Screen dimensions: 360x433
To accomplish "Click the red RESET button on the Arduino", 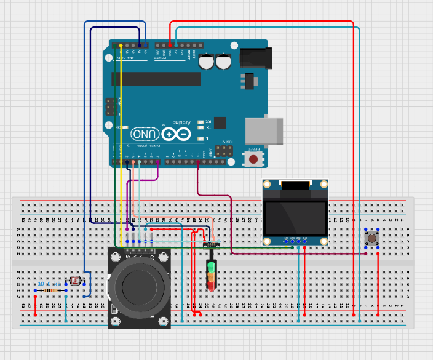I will pos(252,159).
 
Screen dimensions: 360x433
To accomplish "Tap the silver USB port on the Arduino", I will pos(265,130).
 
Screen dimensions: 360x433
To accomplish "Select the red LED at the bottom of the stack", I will pos(212,286).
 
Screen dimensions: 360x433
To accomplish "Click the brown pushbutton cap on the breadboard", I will pos(371,238).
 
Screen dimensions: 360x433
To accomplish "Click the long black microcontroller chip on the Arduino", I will pos(156,79).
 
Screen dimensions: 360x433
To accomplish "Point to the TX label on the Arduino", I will pos(208,127).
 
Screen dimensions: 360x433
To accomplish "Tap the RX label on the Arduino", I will pos(208,121).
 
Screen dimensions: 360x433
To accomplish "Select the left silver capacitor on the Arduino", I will pos(207,61).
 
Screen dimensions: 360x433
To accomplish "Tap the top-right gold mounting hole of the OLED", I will pos(324,183).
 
